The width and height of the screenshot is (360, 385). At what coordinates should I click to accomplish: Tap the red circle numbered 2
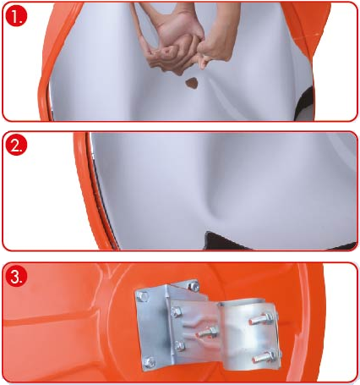(x=16, y=145)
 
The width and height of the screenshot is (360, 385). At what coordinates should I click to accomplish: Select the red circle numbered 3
(x=17, y=276)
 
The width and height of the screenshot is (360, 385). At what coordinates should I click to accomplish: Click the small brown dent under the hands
(x=192, y=83)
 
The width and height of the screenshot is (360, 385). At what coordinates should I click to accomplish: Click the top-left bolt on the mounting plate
(x=142, y=296)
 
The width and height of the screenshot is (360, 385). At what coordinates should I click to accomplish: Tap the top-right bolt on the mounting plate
(x=194, y=286)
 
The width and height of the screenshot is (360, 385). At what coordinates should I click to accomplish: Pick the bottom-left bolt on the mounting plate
(x=150, y=361)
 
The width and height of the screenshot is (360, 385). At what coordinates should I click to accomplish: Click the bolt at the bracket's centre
(x=208, y=332)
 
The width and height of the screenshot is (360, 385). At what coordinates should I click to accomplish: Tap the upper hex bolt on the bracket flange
(x=176, y=312)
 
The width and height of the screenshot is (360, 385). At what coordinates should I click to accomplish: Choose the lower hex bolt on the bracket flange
(x=179, y=346)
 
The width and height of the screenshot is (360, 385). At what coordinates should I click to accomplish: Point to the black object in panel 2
(x=226, y=241)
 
